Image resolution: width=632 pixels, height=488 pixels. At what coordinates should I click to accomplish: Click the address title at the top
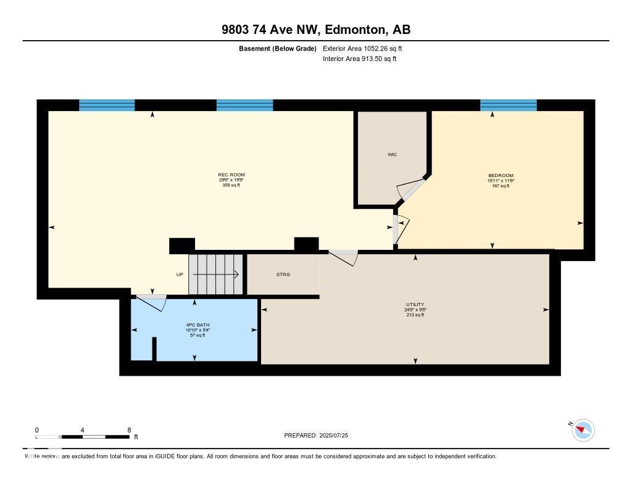click(315, 30)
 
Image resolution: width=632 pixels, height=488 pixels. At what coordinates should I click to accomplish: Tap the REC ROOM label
click(231, 175)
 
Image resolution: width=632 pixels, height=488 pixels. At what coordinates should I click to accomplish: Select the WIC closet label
click(392, 154)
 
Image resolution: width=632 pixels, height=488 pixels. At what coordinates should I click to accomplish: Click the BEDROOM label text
click(500, 176)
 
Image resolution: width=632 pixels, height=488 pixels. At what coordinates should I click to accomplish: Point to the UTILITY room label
click(415, 305)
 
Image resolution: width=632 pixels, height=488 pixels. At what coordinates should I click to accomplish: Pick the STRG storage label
click(283, 275)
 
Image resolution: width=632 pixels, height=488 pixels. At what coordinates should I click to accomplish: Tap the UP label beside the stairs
click(180, 275)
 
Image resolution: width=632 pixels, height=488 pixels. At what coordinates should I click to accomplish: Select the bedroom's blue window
click(508, 105)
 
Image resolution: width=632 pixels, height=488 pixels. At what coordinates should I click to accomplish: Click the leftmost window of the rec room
click(107, 105)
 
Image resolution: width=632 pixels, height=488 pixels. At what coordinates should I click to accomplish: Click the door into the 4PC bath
click(151, 303)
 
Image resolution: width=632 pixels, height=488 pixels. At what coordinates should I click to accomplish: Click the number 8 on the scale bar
click(128, 430)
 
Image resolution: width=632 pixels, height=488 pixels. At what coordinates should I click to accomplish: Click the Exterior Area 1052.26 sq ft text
click(362, 48)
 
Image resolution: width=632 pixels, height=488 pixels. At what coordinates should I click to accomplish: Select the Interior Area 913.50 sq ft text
click(359, 59)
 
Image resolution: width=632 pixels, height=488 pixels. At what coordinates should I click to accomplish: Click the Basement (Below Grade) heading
click(277, 48)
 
